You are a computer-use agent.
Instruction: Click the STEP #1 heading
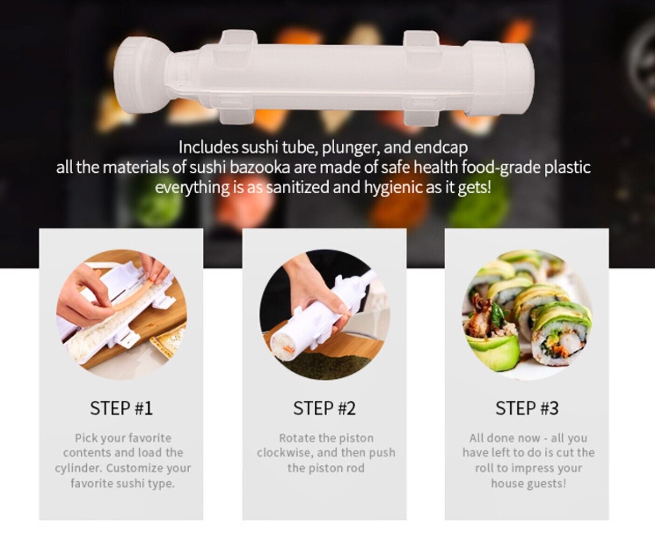tap(121, 408)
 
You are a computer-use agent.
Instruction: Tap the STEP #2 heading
tap(324, 408)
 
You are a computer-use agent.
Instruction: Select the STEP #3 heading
tap(527, 408)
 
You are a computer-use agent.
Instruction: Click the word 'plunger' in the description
tap(351, 148)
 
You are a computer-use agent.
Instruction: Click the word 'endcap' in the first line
tap(441, 148)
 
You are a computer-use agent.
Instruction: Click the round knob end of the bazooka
tap(140, 77)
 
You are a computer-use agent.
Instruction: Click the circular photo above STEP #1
tap(121, 315)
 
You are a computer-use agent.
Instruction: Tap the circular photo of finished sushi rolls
tap(527, 315)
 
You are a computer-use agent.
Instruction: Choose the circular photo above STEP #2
tap(324, 315)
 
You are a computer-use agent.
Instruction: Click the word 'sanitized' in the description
tap(298, 188)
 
